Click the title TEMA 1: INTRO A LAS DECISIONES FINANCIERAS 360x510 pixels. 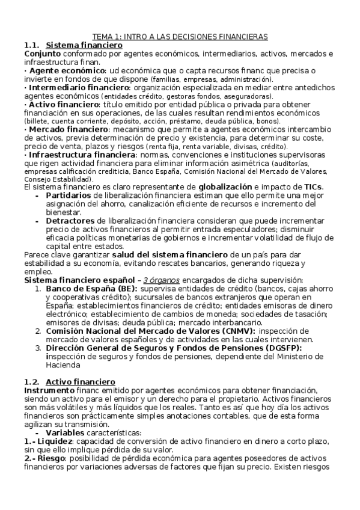(x=184, y=37)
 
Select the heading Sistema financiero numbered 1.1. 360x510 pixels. (x=84, y=45)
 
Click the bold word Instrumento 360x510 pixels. (x=46, y=390)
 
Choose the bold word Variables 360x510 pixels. (x=66, y=432)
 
